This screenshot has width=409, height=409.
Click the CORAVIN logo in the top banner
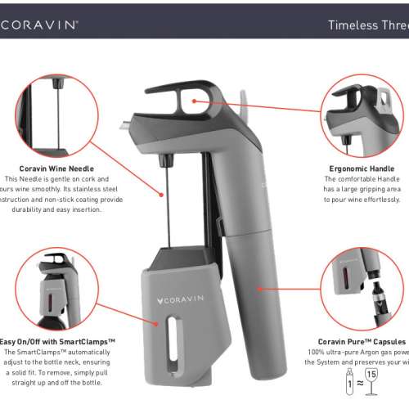(x=41, y=25)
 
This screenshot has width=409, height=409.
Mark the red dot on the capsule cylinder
(x=260, y=288)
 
